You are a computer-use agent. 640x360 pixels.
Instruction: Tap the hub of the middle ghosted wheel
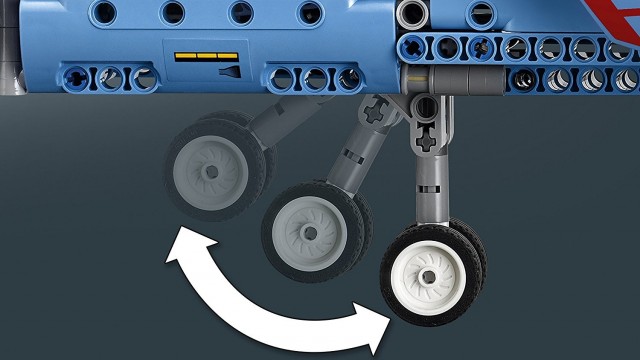click(308, 232)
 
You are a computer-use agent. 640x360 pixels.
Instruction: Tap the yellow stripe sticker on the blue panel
click(212, 57)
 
